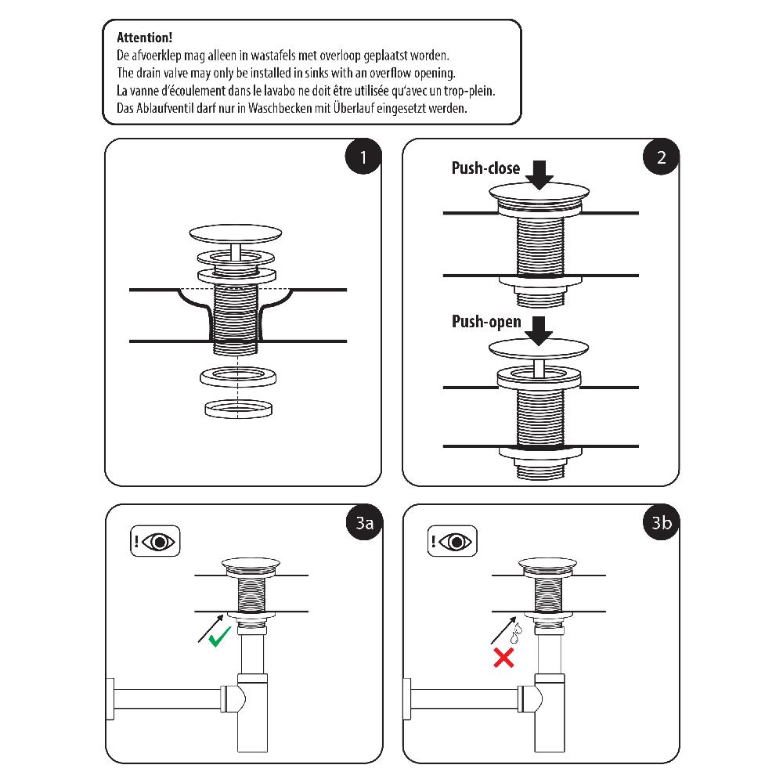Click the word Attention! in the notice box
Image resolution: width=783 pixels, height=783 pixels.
pos(145,38)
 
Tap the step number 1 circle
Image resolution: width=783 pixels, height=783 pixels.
pos(363,157)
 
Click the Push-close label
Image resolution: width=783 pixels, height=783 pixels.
pos(485,168)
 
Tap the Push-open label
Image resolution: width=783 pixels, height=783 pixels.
pos(486,322)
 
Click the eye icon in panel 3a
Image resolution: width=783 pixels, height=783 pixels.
pos(161,541)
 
